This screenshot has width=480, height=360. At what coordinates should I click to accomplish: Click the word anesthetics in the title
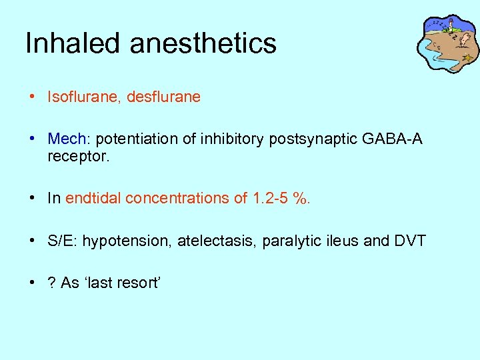[203, 44]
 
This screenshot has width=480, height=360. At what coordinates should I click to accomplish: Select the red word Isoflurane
[79, 97]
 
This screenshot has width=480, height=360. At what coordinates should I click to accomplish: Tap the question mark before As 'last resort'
[51, 283]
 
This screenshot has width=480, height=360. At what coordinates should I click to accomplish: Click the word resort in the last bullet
[137, 283]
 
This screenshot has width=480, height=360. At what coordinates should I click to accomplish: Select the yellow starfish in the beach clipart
[468, 58]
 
